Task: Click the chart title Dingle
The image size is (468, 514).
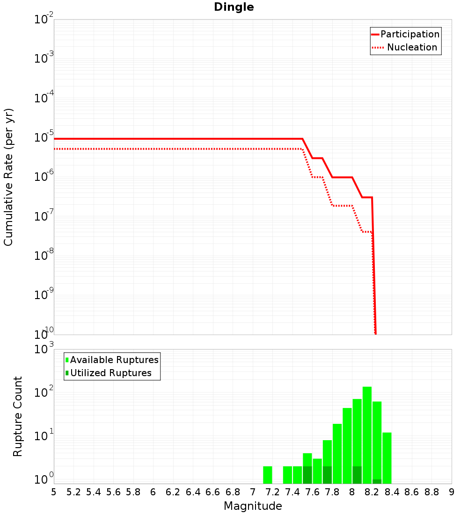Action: (x=234, y=7)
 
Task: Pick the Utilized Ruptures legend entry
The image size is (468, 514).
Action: (x=110, y=373)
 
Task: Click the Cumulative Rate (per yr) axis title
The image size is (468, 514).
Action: (x=8, y=177)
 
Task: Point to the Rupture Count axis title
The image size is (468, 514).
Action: (x=18, y=416)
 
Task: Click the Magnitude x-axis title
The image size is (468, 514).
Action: (x=253, y=506)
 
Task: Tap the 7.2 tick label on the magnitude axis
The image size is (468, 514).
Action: (x=272, y=492)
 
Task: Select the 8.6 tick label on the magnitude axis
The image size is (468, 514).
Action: (x=412, y=492)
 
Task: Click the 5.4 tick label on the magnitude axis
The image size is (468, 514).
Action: (x=93, y=492)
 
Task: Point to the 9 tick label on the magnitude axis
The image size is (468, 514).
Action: (x=451, y=492)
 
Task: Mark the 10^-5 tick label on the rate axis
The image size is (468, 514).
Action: (x=44, y=138)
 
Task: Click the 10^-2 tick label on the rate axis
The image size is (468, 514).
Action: (x=44, y=20)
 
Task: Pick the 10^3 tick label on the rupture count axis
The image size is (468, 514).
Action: (x=44, y=350)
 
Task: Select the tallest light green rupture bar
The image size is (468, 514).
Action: (x=367, y=435)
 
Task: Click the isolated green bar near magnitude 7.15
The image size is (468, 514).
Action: (x=268, y=475)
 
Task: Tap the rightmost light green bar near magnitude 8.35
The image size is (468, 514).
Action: (x=387, y=458)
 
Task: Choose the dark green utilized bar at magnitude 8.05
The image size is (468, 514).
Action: (x=357, y=475)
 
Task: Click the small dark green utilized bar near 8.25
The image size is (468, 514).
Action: (x=377, y=481)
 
